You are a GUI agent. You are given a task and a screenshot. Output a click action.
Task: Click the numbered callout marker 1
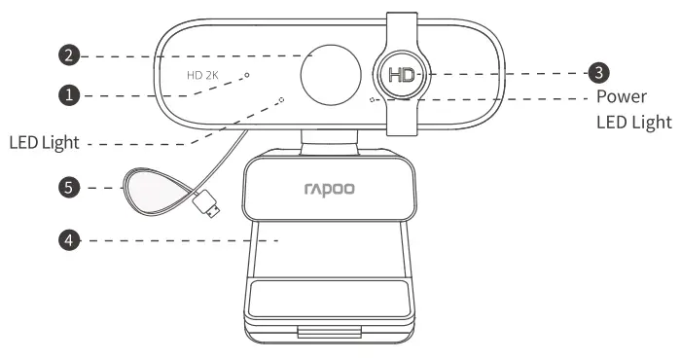[x=68, y=95]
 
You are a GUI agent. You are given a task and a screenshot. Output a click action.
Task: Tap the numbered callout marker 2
[x=68, y=56]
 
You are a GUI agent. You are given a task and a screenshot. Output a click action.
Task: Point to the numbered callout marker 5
[x=68, y=187]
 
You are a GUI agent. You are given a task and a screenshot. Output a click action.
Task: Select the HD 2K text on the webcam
[x=203, y=74]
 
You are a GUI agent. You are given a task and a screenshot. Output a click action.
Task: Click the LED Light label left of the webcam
[x=43, y=143]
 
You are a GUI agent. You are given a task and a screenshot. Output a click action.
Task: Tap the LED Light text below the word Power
[x=632, y=123]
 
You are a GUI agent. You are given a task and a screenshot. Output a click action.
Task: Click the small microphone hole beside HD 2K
[x=247, y=74]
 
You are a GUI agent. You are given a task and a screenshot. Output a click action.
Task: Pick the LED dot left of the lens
[x=282, y=98]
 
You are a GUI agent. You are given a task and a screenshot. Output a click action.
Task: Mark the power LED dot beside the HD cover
[x=374, y=98]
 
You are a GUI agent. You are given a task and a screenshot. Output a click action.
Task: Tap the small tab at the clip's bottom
[x=331, y=334]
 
